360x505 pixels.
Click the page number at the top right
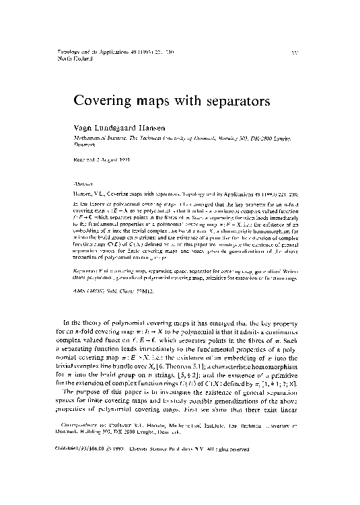point(298,52)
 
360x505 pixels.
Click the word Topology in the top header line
point(64,51)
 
